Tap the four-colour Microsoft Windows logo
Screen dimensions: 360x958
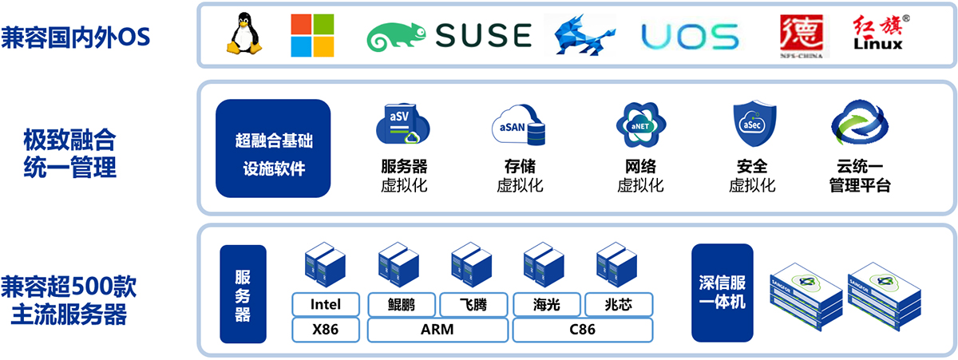pos(311,35)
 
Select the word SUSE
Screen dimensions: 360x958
pos(484,35)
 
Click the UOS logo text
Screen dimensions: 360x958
pos(691,36)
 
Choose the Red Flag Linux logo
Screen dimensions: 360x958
pos(877,34)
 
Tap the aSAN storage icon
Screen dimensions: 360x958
pos(520,127)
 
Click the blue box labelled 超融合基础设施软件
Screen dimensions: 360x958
pos(273,148)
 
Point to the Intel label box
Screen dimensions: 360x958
pos(325,304)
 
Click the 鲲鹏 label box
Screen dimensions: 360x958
pos(402,304)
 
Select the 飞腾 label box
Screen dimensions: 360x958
pos(473,304)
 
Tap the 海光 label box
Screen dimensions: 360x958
pos(546,304)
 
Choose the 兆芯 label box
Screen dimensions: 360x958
pos(619,304)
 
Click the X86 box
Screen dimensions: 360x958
pos(325,329)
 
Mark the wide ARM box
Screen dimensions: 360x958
pos(437,329)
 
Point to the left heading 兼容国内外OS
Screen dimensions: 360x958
pos(76,38)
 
